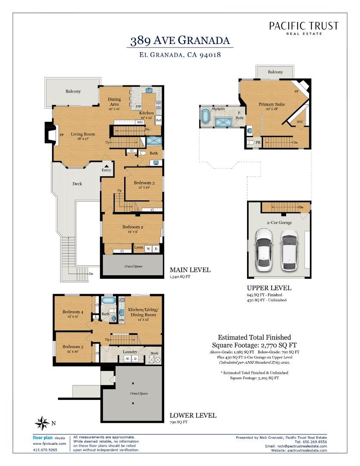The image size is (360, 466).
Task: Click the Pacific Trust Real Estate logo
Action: (x=304, y=28)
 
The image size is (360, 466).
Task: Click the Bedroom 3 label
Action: (x=141, y=183)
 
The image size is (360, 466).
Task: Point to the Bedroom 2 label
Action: (x=132, y=227)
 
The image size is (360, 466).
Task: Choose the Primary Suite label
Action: (x=271, y=104)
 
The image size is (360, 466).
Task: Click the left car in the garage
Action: (x=263, y=249)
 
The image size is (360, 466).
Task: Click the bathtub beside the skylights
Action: (x=206, y=116)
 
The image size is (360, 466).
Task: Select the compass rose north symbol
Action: (x=42, y=422)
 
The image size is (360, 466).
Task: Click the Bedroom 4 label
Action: (x=72, y=312)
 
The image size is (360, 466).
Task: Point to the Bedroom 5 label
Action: (x=72, y=346)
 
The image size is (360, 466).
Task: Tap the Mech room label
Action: (x=154, y=353)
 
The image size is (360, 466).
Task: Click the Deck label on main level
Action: (x=77, y=184)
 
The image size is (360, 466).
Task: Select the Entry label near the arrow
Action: (x=106, y=170)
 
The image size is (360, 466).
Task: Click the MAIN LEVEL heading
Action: (x=190, y=270)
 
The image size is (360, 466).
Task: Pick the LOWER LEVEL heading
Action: (x=193, y=416)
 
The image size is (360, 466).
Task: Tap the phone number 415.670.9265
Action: (x=45, y=450)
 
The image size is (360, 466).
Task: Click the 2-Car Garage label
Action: (x=279, y=223)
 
